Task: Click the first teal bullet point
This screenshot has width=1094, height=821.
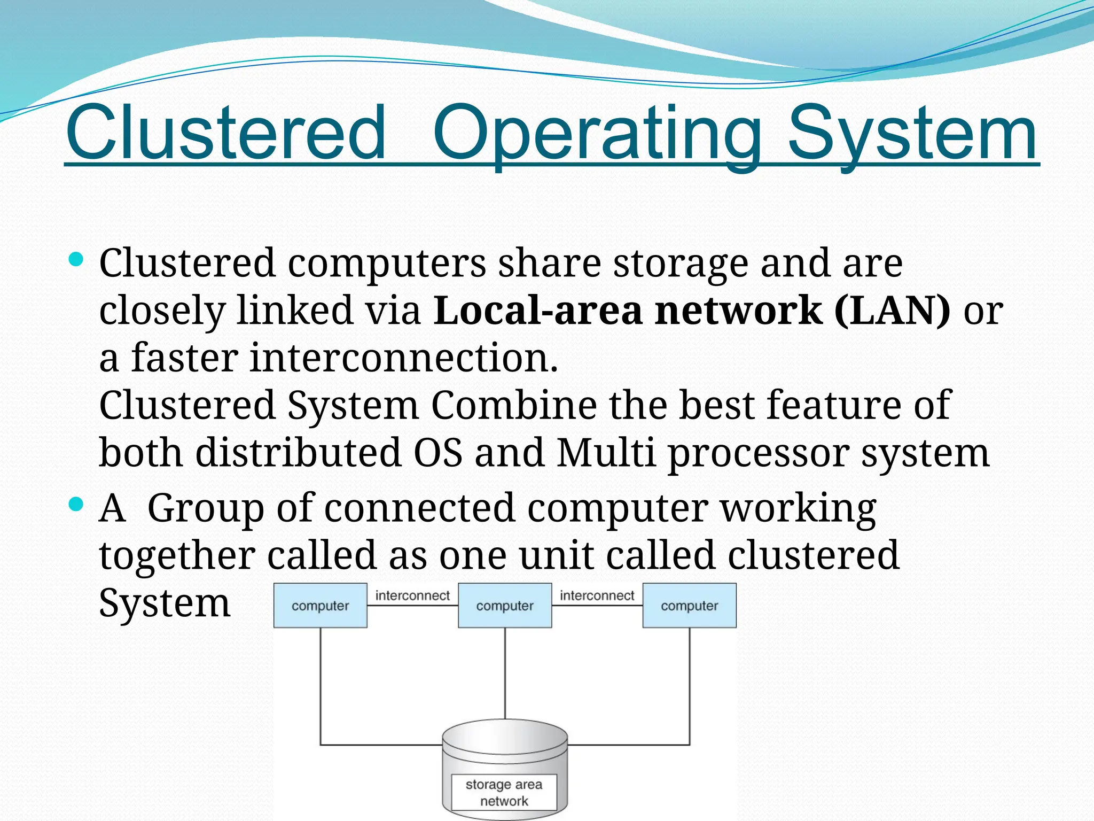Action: coord(76,260)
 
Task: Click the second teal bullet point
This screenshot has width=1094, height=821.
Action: coord(76,504)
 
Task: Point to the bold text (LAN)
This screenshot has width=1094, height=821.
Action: coord(892,311)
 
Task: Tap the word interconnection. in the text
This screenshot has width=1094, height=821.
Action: coord(404,358)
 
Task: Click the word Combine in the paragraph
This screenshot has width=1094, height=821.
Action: coord(513,405)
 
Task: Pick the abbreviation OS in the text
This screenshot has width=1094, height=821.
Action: coord(437,453)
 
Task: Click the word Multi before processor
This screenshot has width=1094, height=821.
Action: coord(605,453)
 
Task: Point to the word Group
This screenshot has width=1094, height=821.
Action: coord(205,508)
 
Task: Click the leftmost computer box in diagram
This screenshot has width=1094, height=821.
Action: coord(320,606)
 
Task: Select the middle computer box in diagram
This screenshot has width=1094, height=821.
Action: coord(505,606)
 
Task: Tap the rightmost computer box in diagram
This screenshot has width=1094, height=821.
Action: coord(689,606)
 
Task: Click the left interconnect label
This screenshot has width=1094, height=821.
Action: coord(412,595)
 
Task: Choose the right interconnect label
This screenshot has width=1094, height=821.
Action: coord(597,595)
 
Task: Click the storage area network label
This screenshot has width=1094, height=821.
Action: coord(504,792)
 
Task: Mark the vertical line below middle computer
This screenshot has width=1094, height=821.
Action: coord(505,673)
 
